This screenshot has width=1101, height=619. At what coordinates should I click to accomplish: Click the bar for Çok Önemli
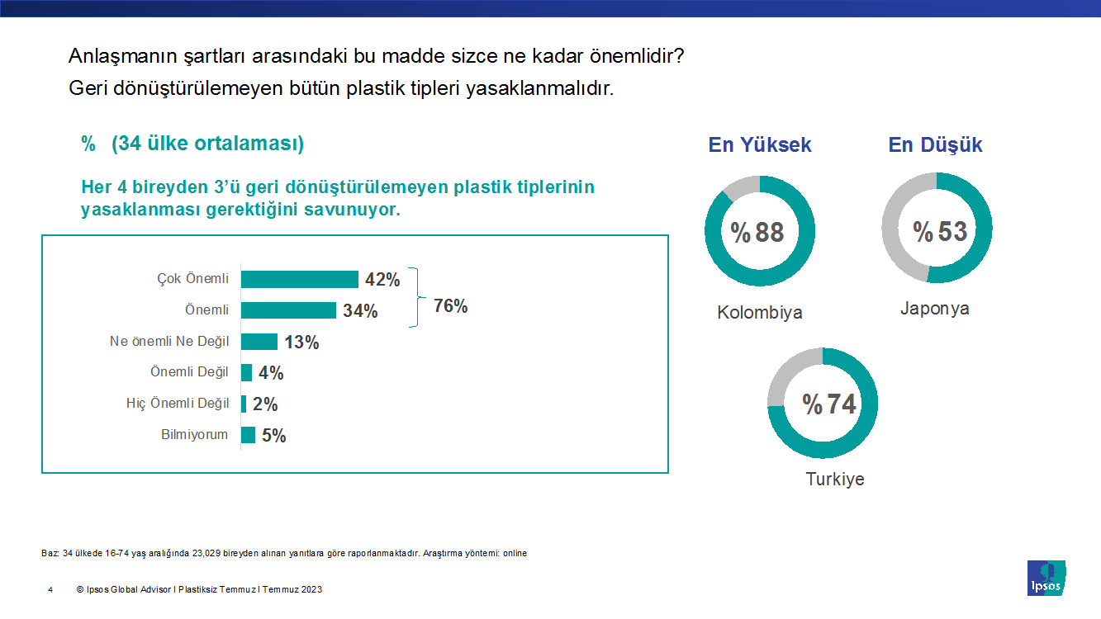299,279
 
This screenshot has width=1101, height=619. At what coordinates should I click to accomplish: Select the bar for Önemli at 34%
288,310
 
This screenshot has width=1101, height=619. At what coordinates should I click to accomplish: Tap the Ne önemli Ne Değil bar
259,342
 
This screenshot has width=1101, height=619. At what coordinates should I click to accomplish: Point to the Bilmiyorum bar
248,435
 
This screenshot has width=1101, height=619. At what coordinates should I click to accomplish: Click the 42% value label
382,280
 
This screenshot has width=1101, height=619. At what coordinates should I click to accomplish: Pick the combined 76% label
451,306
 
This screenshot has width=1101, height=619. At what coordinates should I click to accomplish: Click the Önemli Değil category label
189,372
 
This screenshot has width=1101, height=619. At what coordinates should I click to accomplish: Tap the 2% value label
265,404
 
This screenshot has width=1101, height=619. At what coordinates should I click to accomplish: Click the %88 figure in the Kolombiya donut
758,233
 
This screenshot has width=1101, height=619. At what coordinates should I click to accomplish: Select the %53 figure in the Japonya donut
940,231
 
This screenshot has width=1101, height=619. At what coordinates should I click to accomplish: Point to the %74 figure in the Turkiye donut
829,404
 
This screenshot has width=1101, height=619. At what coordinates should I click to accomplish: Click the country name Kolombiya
760,313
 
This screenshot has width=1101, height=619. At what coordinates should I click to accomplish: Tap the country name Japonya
935,309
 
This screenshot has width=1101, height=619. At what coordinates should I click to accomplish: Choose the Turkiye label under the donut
835,480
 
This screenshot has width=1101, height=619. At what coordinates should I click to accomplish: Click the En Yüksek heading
760,145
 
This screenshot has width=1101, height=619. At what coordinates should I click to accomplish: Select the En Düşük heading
935,145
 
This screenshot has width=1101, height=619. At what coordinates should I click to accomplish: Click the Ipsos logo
1046,578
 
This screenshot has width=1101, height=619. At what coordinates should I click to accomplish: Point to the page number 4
50,590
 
